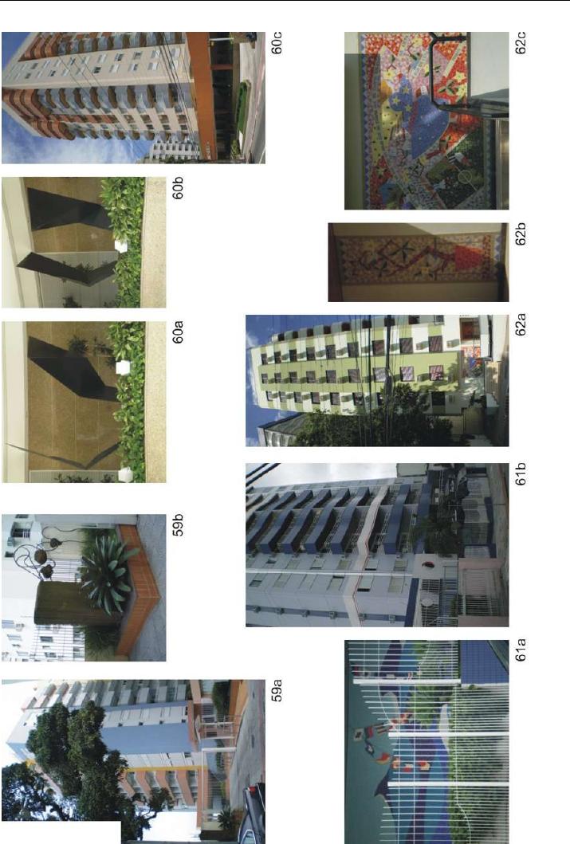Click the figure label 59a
click(x=277, y=690)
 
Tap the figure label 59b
click(x=178, y=524)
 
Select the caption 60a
click(x=178, y=332)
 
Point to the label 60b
click(x=178, y=188)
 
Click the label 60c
click(x=277, y=43)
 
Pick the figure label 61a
click(x=521, y=650)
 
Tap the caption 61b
click(x=521, y=473)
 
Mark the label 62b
click(x=521, y=234)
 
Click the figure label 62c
click(x=521, y=43)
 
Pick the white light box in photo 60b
click(x=121, y=246)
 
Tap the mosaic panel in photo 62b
click(x=415, y=262)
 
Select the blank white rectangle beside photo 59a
click(x=61, y=832)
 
